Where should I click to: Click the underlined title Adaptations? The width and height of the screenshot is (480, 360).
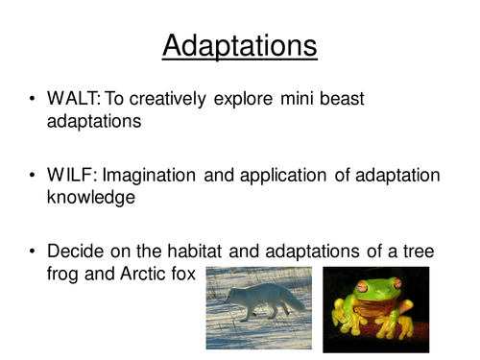point(239,44)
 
